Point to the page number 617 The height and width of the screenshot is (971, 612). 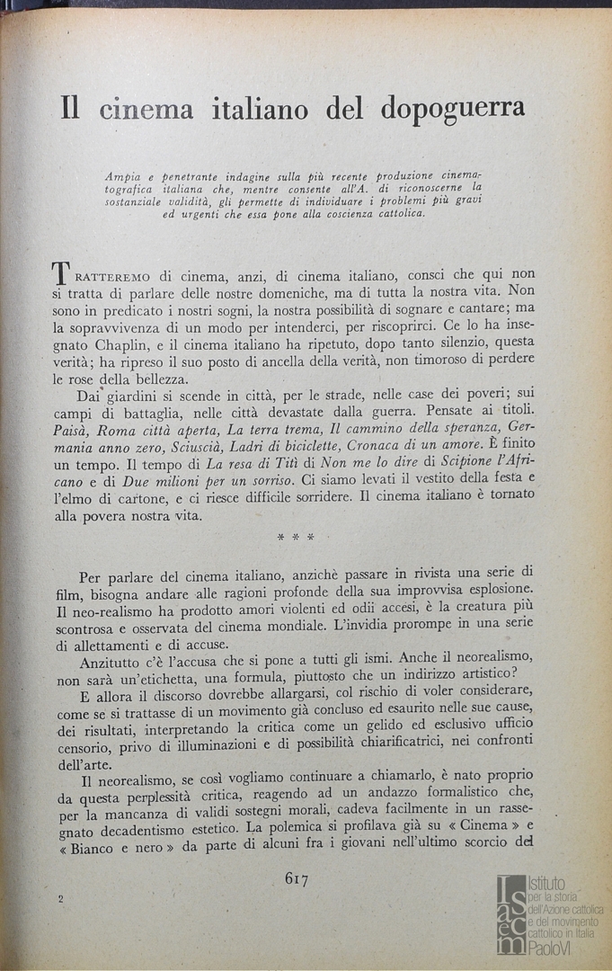(x=297, y=879)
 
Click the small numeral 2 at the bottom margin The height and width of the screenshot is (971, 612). (x=59, y=899)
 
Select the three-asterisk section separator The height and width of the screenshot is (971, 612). (x=296, y=538)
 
